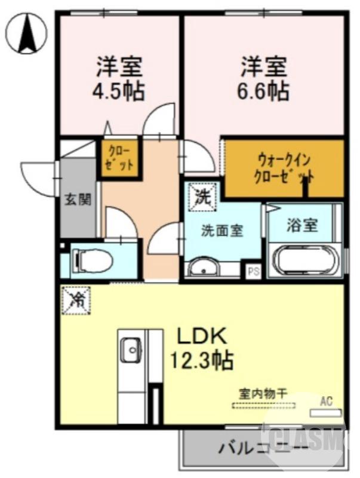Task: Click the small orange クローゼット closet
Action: click(x=120, y=158)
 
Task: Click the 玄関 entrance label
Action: click(x=78, y=199)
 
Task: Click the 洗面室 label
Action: click(x=221, y=230)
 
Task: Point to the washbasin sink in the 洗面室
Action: click(x=205, y=268)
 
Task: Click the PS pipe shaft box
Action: click(x=253, y=271)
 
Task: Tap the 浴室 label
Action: click(x=301, y=225)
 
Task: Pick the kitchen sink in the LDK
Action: click(x=130, y=350)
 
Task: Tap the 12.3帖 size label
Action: click(x=200, y=360)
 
